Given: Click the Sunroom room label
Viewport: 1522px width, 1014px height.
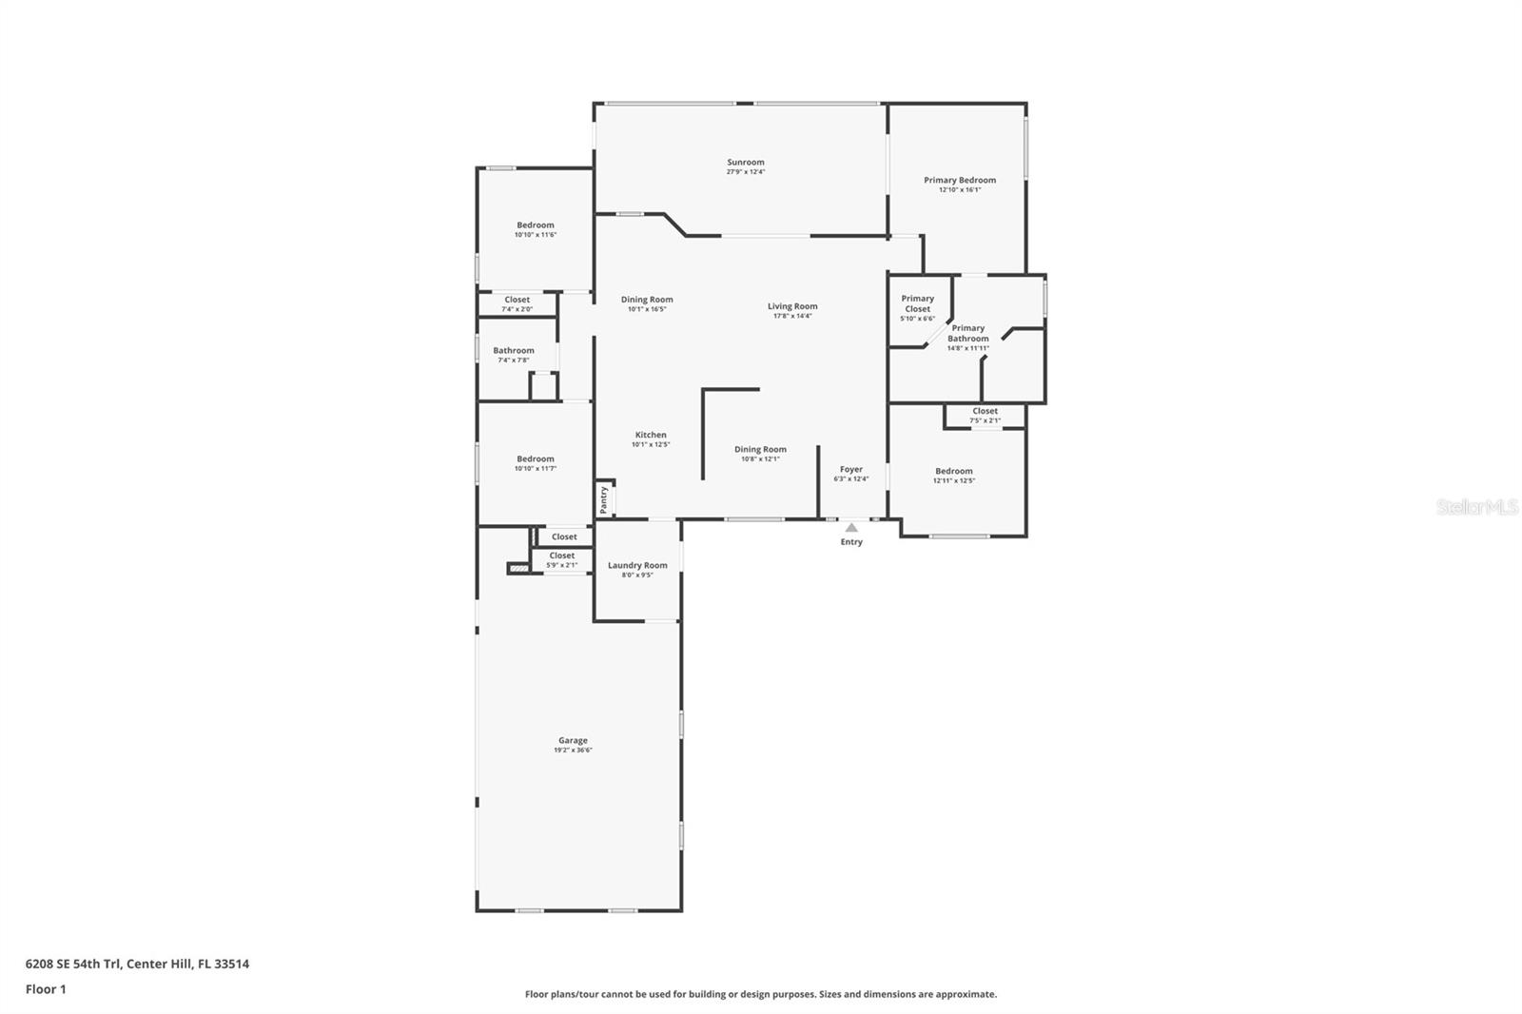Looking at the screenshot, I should pyautogui.click(x=746, y=163).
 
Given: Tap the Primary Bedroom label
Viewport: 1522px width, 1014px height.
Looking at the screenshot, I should pyautogui.click(x=959, y=180).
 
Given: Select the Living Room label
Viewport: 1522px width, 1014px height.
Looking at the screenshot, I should pyautogui.click(x=792, y=306).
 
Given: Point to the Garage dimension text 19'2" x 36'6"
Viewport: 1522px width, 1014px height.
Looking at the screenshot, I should pyautogui.click(x=573, y=751).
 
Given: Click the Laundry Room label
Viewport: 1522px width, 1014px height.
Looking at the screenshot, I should pyautogui.click(x=637, y=565).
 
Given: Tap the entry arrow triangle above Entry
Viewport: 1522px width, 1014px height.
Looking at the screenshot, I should pyautogui.click(x=851, y=527).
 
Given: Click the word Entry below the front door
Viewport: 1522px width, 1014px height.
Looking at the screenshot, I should pyautogui.click(x=851, y=542).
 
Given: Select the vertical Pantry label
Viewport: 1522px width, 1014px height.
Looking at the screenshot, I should pyautogui.click(x=603, y=498).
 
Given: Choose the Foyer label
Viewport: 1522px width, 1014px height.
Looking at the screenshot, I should pyautogui.click(x=851, y=469).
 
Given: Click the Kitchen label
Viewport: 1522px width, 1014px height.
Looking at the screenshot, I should pyautogui.click(x=651, y=435).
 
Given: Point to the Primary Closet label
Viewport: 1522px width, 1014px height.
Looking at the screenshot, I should pyautogui.click(x=917, y=303).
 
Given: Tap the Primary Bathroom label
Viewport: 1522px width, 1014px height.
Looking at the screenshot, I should pyautogui.click(x=967, y=333).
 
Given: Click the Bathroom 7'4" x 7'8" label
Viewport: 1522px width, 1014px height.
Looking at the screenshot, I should pyautogui.click(x=514, y=351).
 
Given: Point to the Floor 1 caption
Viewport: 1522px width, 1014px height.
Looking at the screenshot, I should pyautogui.click(x=46, y=989).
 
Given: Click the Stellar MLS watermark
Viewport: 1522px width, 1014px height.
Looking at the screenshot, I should pyautogui.click(x=1476, y=507).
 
